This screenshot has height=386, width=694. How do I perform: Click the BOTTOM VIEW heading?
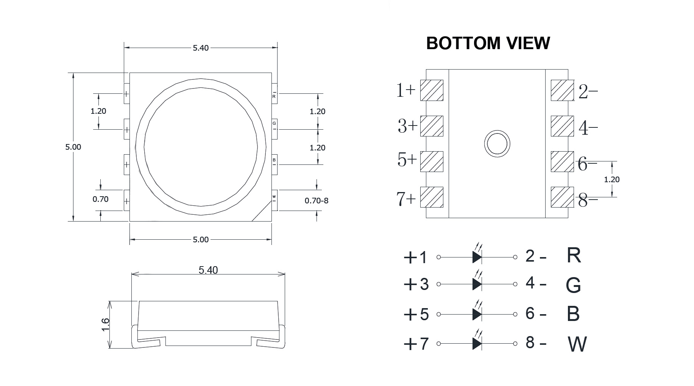click(x=488, y=43)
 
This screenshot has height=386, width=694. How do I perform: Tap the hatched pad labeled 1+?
click(x=432, y=90)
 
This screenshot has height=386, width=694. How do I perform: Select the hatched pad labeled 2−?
click(x=562, y=90)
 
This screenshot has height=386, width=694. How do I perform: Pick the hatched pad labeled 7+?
click(x=432, y=197)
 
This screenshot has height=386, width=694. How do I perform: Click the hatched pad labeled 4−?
click(x=562, y=126)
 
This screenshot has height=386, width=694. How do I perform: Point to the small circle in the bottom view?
click(x=497, y=144)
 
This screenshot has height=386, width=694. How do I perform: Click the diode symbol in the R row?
click(x=477, y=257)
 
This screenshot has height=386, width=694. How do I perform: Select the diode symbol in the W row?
click(x=477, y=343)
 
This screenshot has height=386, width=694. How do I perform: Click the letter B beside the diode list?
click(x=573, y=314)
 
